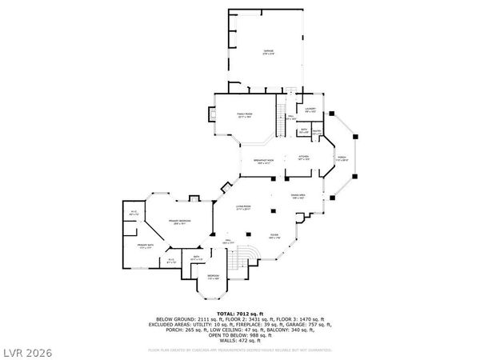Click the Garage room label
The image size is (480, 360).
tap(269, 50)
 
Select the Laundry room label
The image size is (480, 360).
tap(310, 110)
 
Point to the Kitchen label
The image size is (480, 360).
tap(303, 157)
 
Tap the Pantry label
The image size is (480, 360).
tap(317, 133)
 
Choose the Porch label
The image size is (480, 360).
tap(342, 157)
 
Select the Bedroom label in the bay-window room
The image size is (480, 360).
tap(213, 276)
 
